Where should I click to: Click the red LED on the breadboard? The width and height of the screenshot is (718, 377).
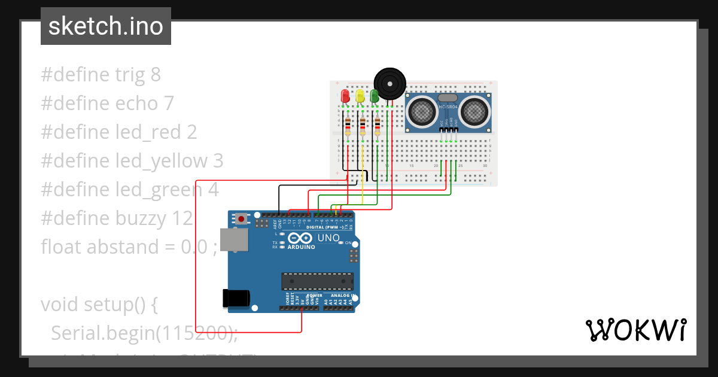tap(345, 96)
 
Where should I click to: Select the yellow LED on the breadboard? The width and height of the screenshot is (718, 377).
tap(360, 96)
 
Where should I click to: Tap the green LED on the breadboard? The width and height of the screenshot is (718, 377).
tap(375, 96)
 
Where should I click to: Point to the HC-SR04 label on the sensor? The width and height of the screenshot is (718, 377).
tap(448, 107)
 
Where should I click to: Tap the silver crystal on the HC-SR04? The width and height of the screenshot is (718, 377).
tap(448, 98)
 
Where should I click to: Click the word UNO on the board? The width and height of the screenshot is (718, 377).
tap(328, 238)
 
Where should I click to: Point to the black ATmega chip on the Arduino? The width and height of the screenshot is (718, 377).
tap(318, 281)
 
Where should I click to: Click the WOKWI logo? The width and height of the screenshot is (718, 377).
tap(635, 330)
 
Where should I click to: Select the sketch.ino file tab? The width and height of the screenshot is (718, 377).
tap(106, 26)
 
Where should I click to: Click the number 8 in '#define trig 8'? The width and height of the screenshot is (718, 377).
tap(156, 75)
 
